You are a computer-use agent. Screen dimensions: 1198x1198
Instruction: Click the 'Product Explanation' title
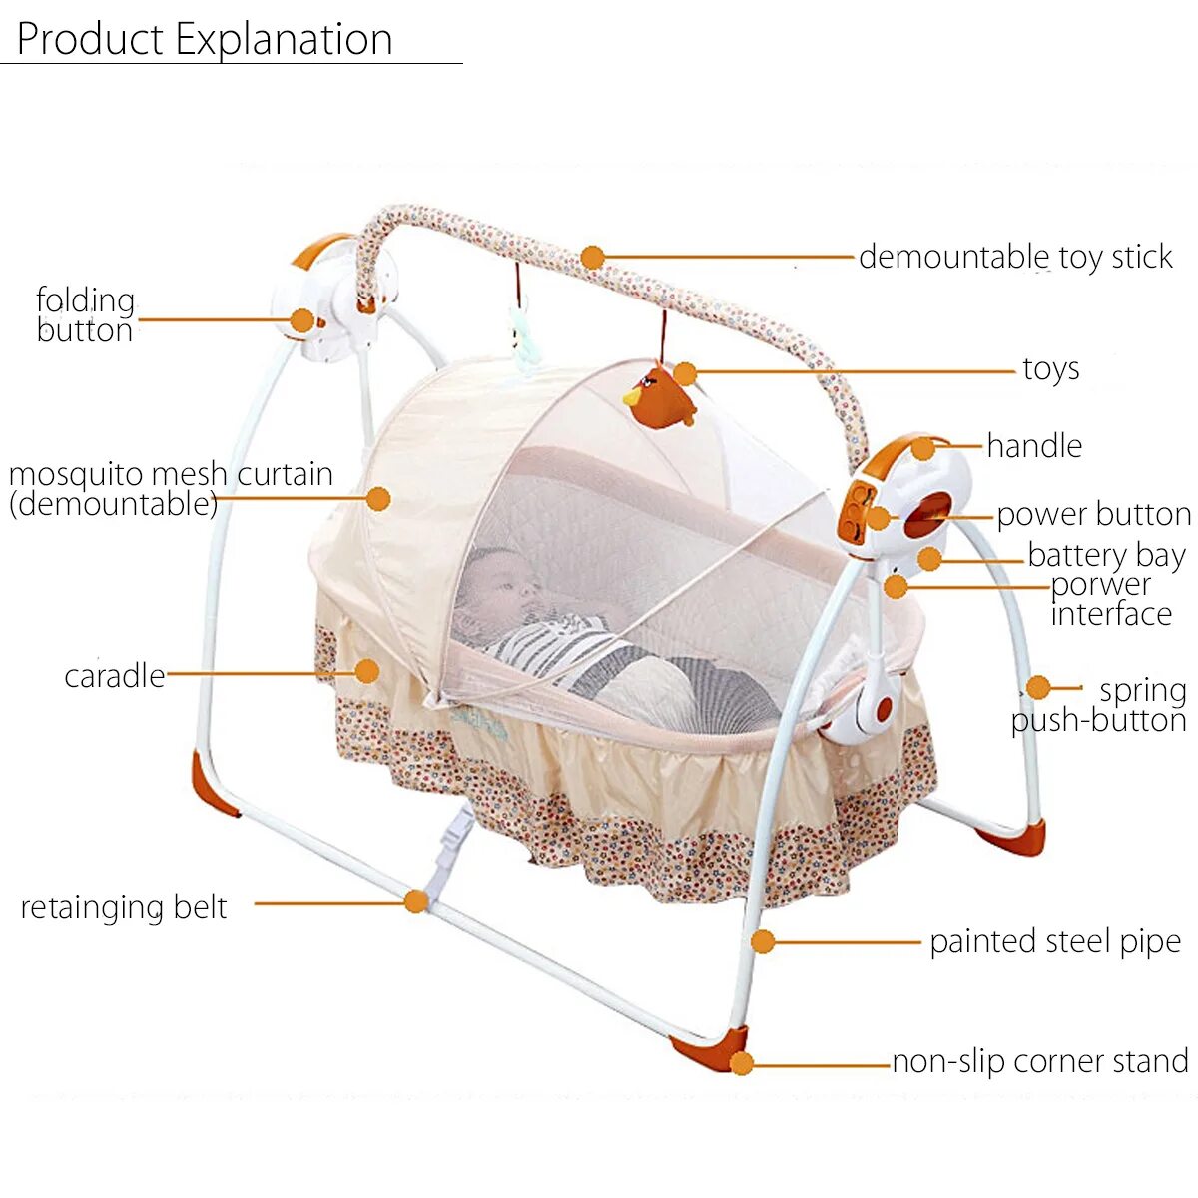pos(205,40)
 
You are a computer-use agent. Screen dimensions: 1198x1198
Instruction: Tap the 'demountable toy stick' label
pos(1015,257)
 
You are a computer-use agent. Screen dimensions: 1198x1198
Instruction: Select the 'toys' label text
pos(1051,369)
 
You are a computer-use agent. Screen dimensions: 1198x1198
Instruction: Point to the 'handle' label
pos(1034,446)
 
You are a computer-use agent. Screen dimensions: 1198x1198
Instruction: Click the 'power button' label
pos(1094,514)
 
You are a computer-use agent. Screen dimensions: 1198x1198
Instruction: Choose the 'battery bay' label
pos(1106,554)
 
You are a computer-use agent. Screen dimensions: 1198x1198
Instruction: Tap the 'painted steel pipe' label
pos(1055,941)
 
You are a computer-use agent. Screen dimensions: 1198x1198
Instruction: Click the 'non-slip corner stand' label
pos(1040,1061)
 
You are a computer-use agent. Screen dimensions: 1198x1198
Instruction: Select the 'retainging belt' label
pos(124,907)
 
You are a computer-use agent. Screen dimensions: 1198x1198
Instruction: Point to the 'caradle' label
pos(114,676)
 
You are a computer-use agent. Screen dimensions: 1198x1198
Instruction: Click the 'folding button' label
pos(85,315)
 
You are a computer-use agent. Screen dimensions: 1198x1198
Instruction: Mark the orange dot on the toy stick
pos(593,258)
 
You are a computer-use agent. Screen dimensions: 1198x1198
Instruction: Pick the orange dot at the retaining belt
pos(416,902)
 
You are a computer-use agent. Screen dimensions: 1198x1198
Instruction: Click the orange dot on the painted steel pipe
pos(763,941)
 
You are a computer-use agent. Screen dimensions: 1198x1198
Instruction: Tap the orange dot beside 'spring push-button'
pos(1038,687)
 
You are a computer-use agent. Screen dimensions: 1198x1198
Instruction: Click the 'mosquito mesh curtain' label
pos(170,488)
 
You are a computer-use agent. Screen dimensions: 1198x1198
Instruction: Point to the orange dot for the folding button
pos(301,320)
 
